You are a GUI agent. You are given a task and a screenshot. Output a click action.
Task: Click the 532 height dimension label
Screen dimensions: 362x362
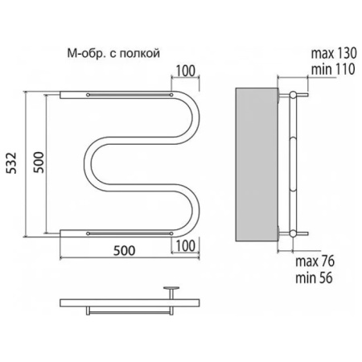click(11, 162)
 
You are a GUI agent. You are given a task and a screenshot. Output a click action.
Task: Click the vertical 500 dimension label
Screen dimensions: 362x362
click(39, 162)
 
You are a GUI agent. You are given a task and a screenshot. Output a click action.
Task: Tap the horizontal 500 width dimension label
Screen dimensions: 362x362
click(124, 251)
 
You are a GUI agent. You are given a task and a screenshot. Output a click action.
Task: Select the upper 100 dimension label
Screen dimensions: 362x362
click(186, 71)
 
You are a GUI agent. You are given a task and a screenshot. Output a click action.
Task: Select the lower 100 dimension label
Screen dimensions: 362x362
click(186, 246)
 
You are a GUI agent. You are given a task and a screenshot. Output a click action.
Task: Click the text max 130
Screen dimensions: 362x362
click(334, 53)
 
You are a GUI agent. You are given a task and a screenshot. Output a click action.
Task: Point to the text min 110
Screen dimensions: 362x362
click(333, 69)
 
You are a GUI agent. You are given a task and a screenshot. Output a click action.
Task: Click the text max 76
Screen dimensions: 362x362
click(315, 261)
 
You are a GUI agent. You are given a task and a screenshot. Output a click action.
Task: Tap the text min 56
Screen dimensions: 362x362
click(314, 278)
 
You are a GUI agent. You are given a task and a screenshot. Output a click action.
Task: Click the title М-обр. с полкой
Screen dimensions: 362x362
click(113, 53)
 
